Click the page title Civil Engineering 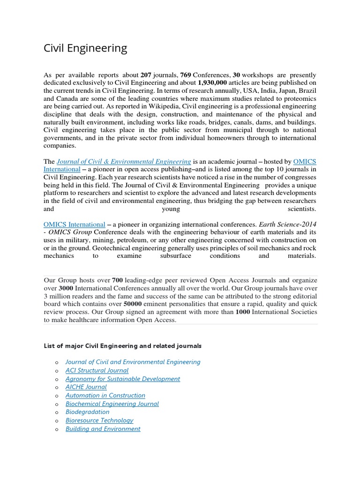tap(85, 48)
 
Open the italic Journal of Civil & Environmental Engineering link tap(124, 161)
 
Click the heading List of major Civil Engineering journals tap(123, 346)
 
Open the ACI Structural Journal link tap(97, 370)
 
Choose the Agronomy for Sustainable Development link tap(122, 379)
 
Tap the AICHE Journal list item tap(86, 387)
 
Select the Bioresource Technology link tap(99, 420)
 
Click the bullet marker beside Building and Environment tap(57, 429)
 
